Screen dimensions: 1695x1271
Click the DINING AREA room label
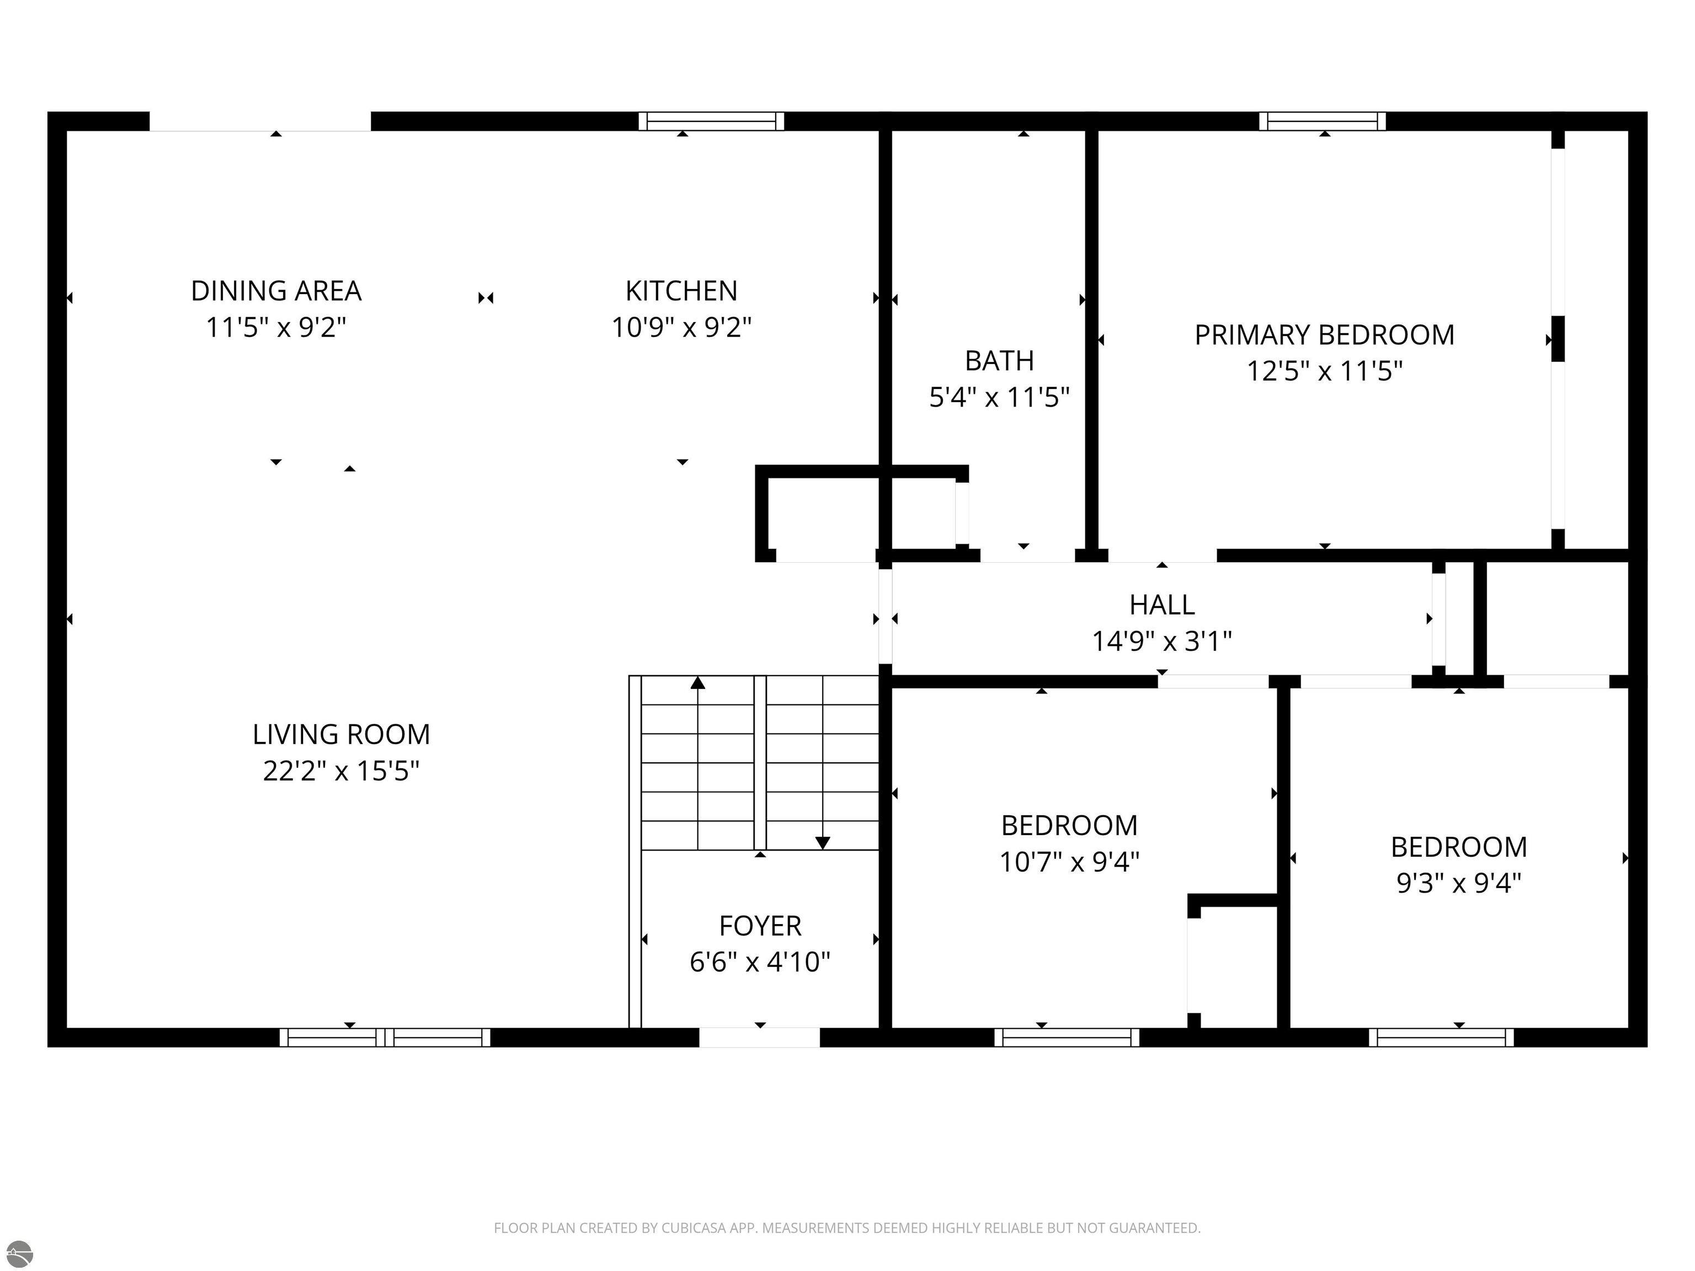click(x=276, y=291)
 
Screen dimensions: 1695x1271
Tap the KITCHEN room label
click(x=681, y=291)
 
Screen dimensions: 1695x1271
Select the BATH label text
click(x=999, y=361)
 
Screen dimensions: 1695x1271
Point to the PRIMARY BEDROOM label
click(x=1324, y=335)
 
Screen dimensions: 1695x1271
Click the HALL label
click(x=1161, y=605)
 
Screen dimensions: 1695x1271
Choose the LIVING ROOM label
click(x=341, y=735)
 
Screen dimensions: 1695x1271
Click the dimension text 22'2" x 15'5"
click(x=341, y=771)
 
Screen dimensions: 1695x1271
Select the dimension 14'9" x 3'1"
click(x=1161, y=640)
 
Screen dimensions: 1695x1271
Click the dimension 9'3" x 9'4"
click(x=1458, y=883)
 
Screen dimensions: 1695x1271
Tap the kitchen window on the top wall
click(x=711, y=121)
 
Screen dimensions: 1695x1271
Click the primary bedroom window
click(x=1323, y=121)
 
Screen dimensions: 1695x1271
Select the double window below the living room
click(x=385, y=1037)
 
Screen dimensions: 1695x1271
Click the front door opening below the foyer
click(x=759, y=1037)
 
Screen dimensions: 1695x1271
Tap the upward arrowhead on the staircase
click(x=697, y=682)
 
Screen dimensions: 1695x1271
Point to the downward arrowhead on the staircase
click(x=822, y=843)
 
